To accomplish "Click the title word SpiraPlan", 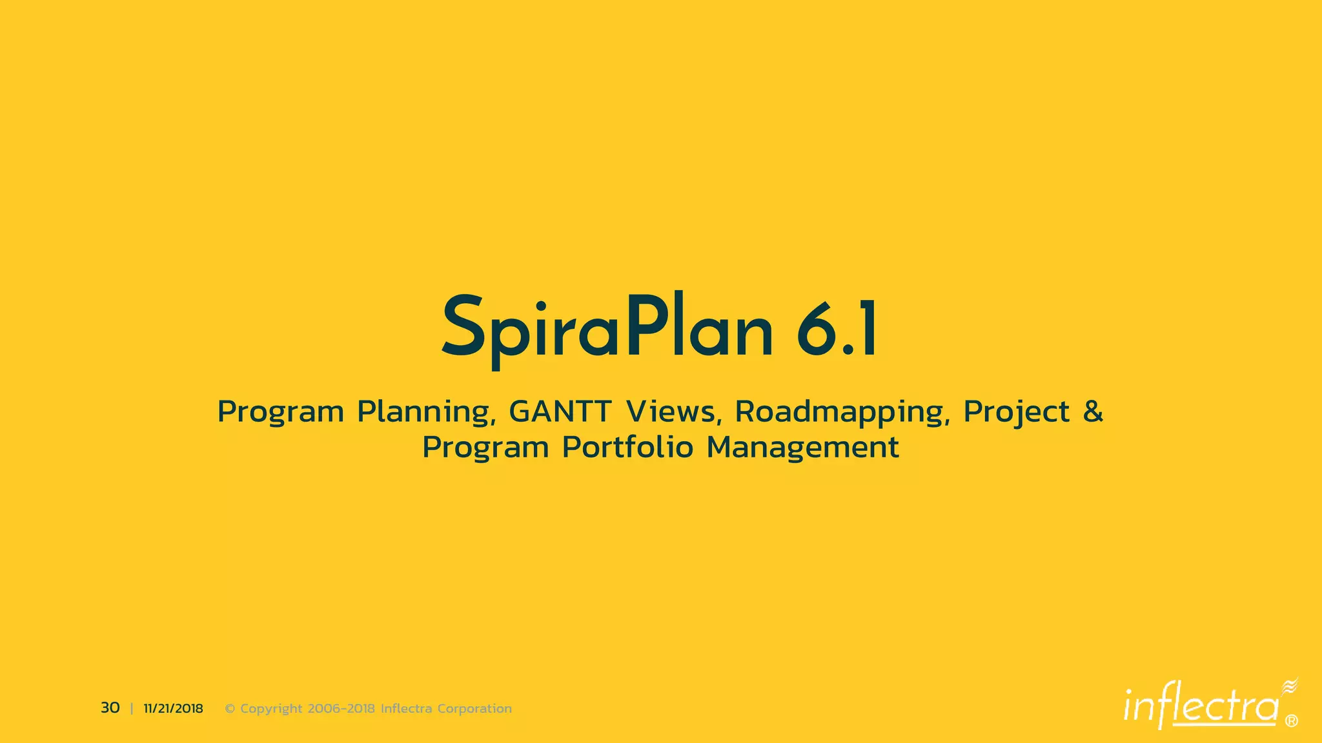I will (x=607, y=329).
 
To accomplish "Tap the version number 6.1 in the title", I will (x=837, y=329).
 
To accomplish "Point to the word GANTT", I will (x=560, y=411).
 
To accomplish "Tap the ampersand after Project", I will (x=1093, y=411).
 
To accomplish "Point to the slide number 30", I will (x=110, y=708).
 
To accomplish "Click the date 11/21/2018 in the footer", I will (x=173, y=709).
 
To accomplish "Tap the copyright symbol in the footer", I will (x=230, y=709).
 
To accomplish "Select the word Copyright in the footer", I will (x=271, y=709).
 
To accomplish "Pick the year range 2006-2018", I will (x=341, y=709).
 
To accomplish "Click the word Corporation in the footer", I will (x=474, y=709).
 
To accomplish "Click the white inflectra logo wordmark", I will (x=1201, y=707).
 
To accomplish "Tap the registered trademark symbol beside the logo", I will (x=1292, y=721).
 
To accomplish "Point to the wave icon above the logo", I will (x=1289, y=686).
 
